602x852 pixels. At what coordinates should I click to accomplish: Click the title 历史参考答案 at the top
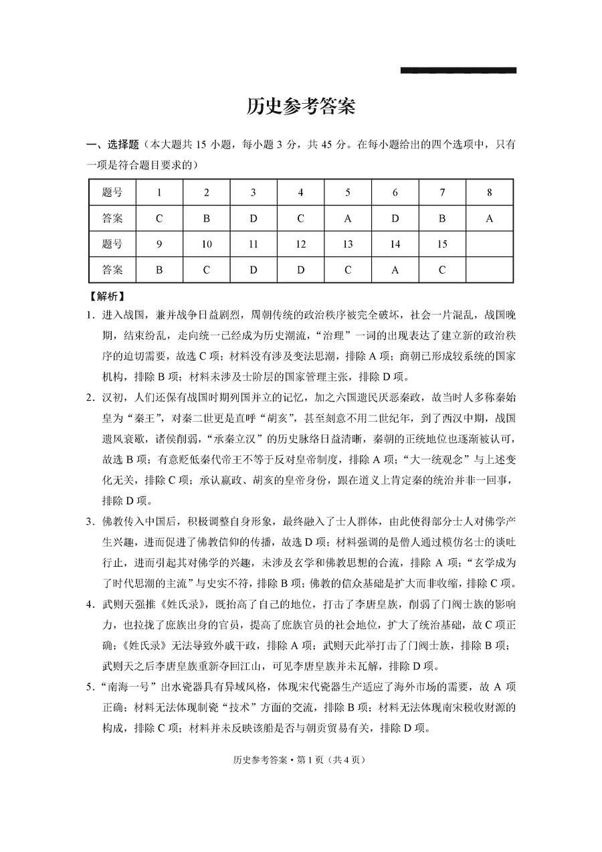pyautogui.click(x=300, y=106)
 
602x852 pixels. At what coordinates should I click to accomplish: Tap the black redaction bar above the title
pyautogui.click(x=458, y=70)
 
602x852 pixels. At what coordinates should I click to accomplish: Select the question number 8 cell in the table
pyautogui.click(x=489, y=192)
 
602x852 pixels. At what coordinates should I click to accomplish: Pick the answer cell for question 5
pyautogui.click(x=348, y=218)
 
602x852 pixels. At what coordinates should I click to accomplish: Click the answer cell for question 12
pyautogui.click(x=300, y=270)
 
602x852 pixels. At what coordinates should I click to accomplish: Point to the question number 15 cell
pyautogui.click(x=442, y=244)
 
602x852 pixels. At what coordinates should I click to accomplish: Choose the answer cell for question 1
pyautogui.click(x=159, y=218)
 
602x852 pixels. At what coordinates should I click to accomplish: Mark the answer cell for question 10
pyautogui.click(x=206, y=270)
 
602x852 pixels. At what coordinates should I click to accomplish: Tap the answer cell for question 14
pyautogui.click(x=395, y=270)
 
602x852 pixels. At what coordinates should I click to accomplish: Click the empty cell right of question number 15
pyautogui.click(x=489, y=244)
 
